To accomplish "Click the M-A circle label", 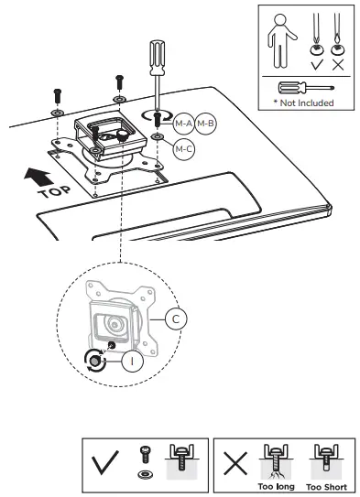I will click(x=182, y=123).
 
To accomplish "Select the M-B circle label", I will click(x=204, y=123).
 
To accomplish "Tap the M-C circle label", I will click(x=183, y=146).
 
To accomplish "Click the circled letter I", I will click(x=132, y=361).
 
